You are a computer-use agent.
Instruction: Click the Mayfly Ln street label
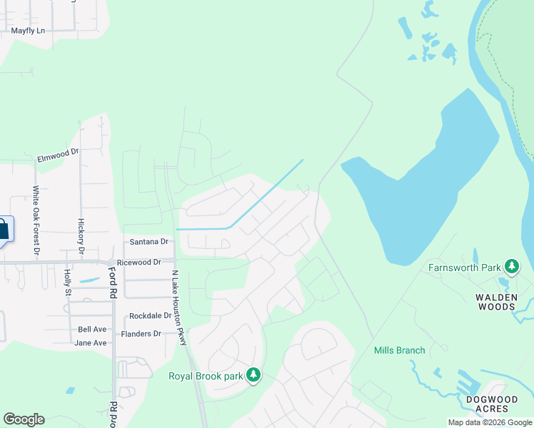point(28,31)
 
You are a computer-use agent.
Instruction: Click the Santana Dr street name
point(148,242)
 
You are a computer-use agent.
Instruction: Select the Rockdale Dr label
point(150,315)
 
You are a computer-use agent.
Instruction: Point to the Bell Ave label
point(92,330)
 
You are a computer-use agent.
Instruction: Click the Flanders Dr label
point(141,334)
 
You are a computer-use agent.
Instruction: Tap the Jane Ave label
point(91,343)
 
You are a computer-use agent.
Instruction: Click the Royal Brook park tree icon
point(253,375)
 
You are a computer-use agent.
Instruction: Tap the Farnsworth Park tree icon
point(511,267)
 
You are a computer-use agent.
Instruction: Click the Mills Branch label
point(399,350)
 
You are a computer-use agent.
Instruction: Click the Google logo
point(24,419)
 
